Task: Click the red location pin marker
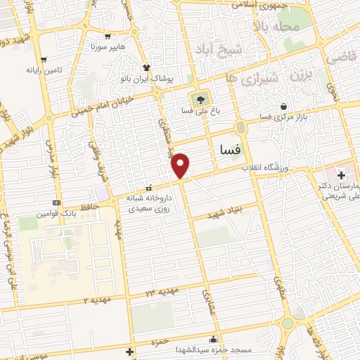point(181,165)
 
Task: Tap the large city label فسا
point(231,149)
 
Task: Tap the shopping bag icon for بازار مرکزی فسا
point(283,106)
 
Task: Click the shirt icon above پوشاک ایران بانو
point(147,67)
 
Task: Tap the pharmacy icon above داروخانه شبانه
point(148,188)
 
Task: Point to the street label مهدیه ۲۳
point(162,291)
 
